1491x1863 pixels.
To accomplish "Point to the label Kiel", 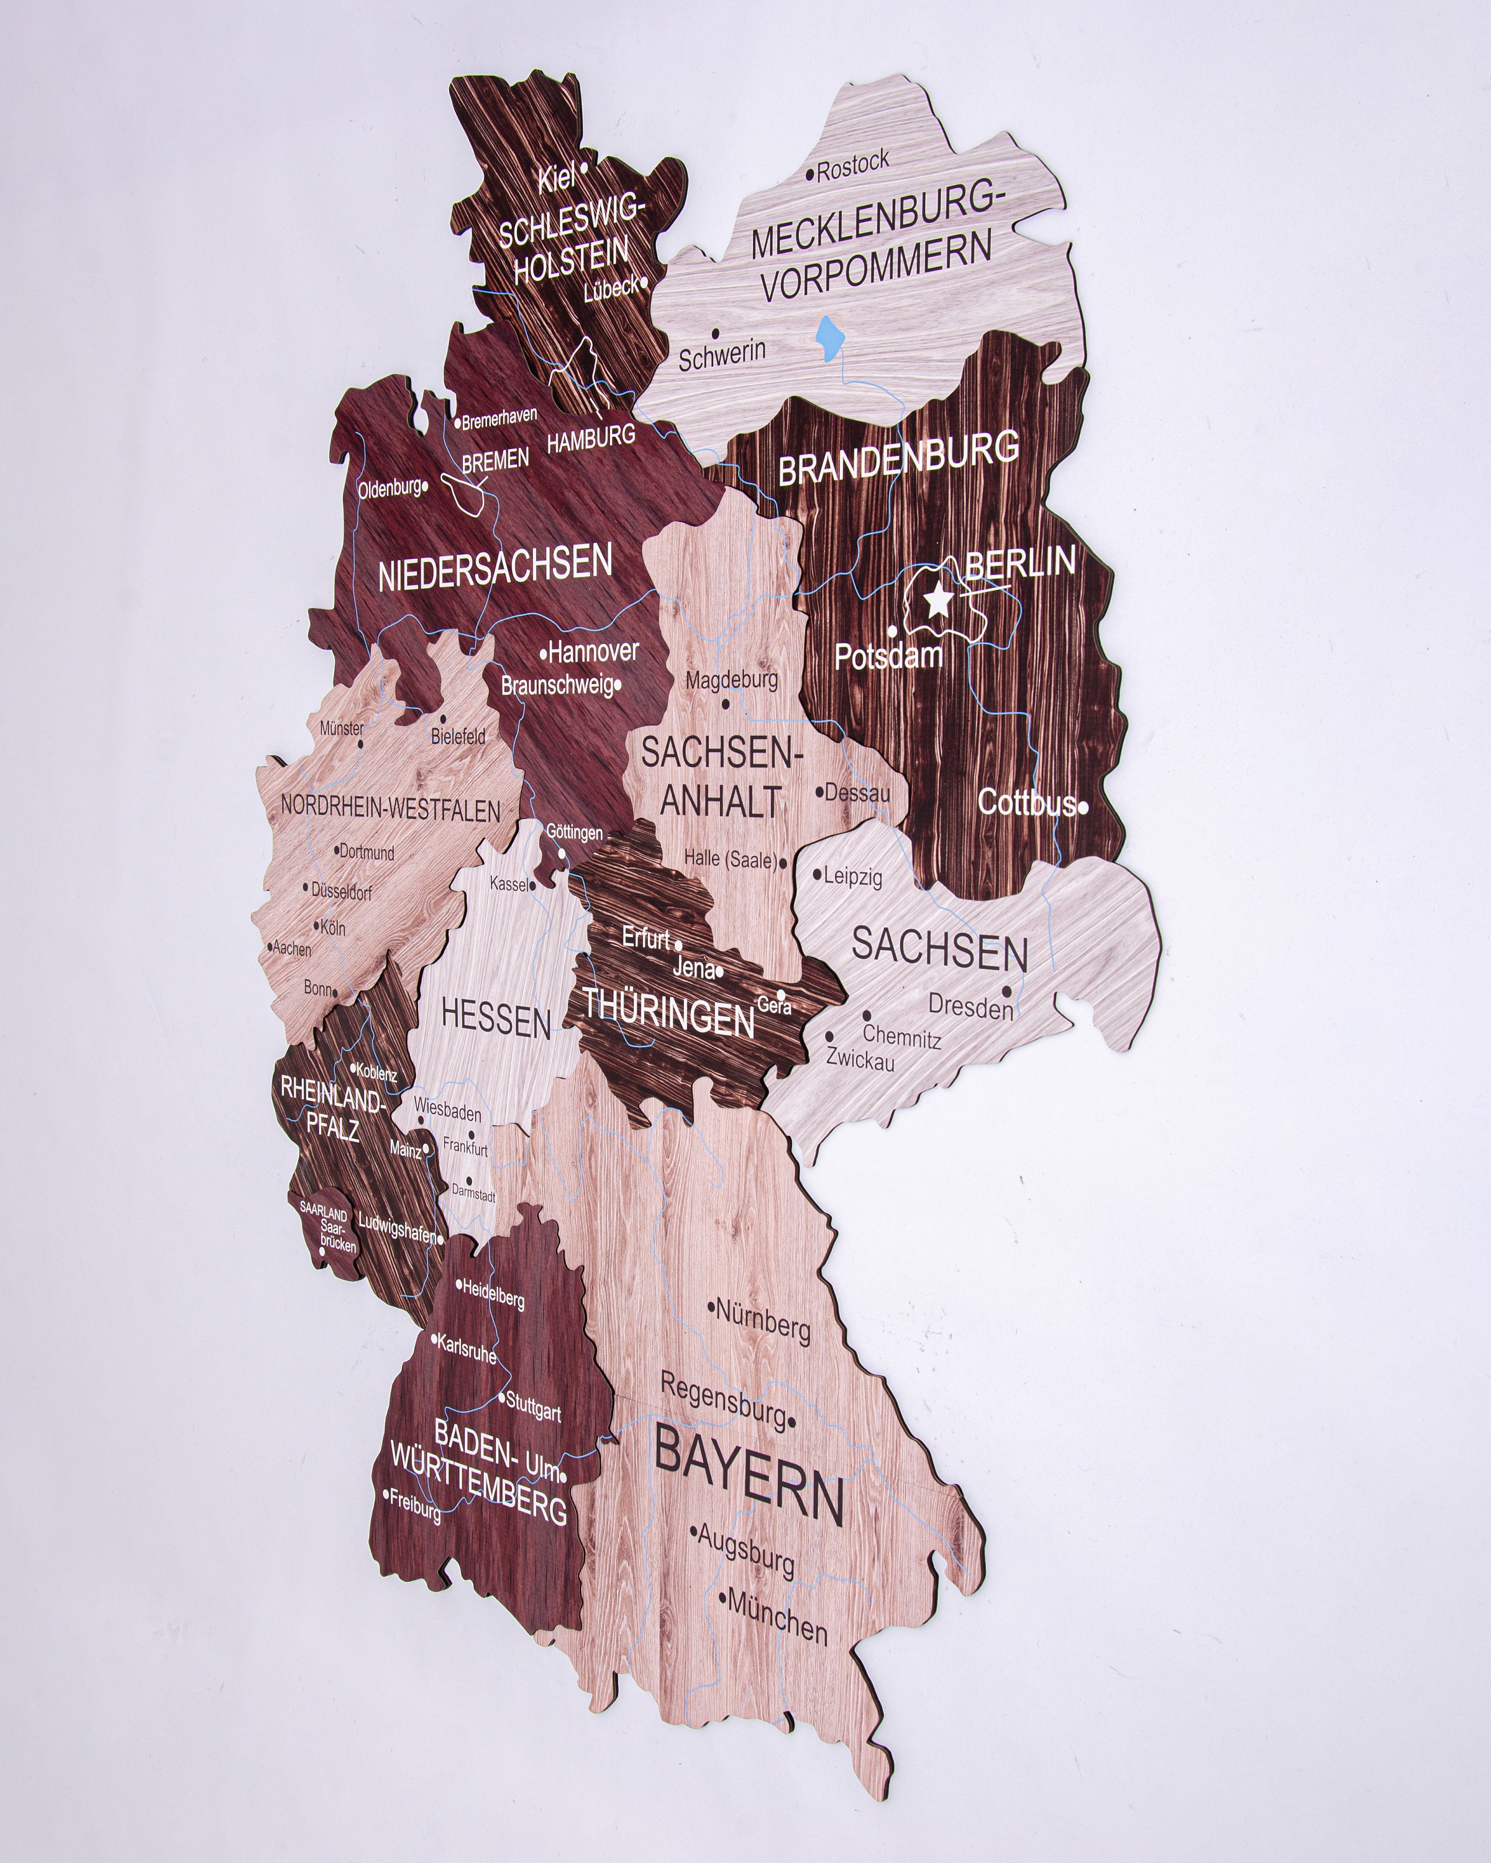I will (x=557, y=179).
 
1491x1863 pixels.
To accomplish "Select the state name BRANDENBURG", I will (x=899, y=460).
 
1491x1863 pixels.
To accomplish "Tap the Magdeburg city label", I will (x=732, y=681).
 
